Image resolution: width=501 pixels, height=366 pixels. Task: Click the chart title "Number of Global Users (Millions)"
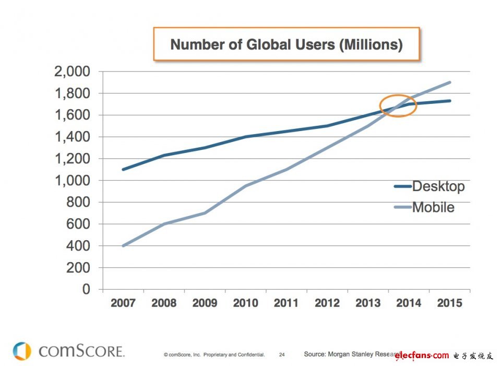tap(287, 44)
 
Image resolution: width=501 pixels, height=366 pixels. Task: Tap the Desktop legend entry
tap(437, 186)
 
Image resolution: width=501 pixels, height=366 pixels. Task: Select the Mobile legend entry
tap(433, 207)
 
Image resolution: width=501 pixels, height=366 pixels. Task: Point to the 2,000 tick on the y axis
tap(72, 72)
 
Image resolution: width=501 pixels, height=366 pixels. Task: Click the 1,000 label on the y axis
tap(72, 181)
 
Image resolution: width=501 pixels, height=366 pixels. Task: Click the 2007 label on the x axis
tap(123, 303)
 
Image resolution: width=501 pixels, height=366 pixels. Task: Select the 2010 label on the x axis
tap(245, 303)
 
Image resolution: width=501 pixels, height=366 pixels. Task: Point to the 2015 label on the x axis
tap(449, 303)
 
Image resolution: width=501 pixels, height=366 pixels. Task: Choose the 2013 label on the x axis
tap(368, 303)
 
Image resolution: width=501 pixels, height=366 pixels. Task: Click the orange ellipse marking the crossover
tap(398, 105)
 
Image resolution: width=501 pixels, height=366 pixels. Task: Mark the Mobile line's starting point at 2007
tap(123, 245)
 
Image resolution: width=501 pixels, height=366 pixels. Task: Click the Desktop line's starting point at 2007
tap(123, 169)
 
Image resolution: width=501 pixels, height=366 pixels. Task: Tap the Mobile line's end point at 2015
tap(450, 82)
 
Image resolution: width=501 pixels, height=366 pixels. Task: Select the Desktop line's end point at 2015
tap(450, 101)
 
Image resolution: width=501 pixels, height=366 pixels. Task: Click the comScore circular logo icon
tap(21, 351)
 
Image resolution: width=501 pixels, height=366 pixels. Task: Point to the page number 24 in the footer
tap(282, 355)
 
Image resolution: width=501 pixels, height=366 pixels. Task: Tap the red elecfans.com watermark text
tap(422, 356)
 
